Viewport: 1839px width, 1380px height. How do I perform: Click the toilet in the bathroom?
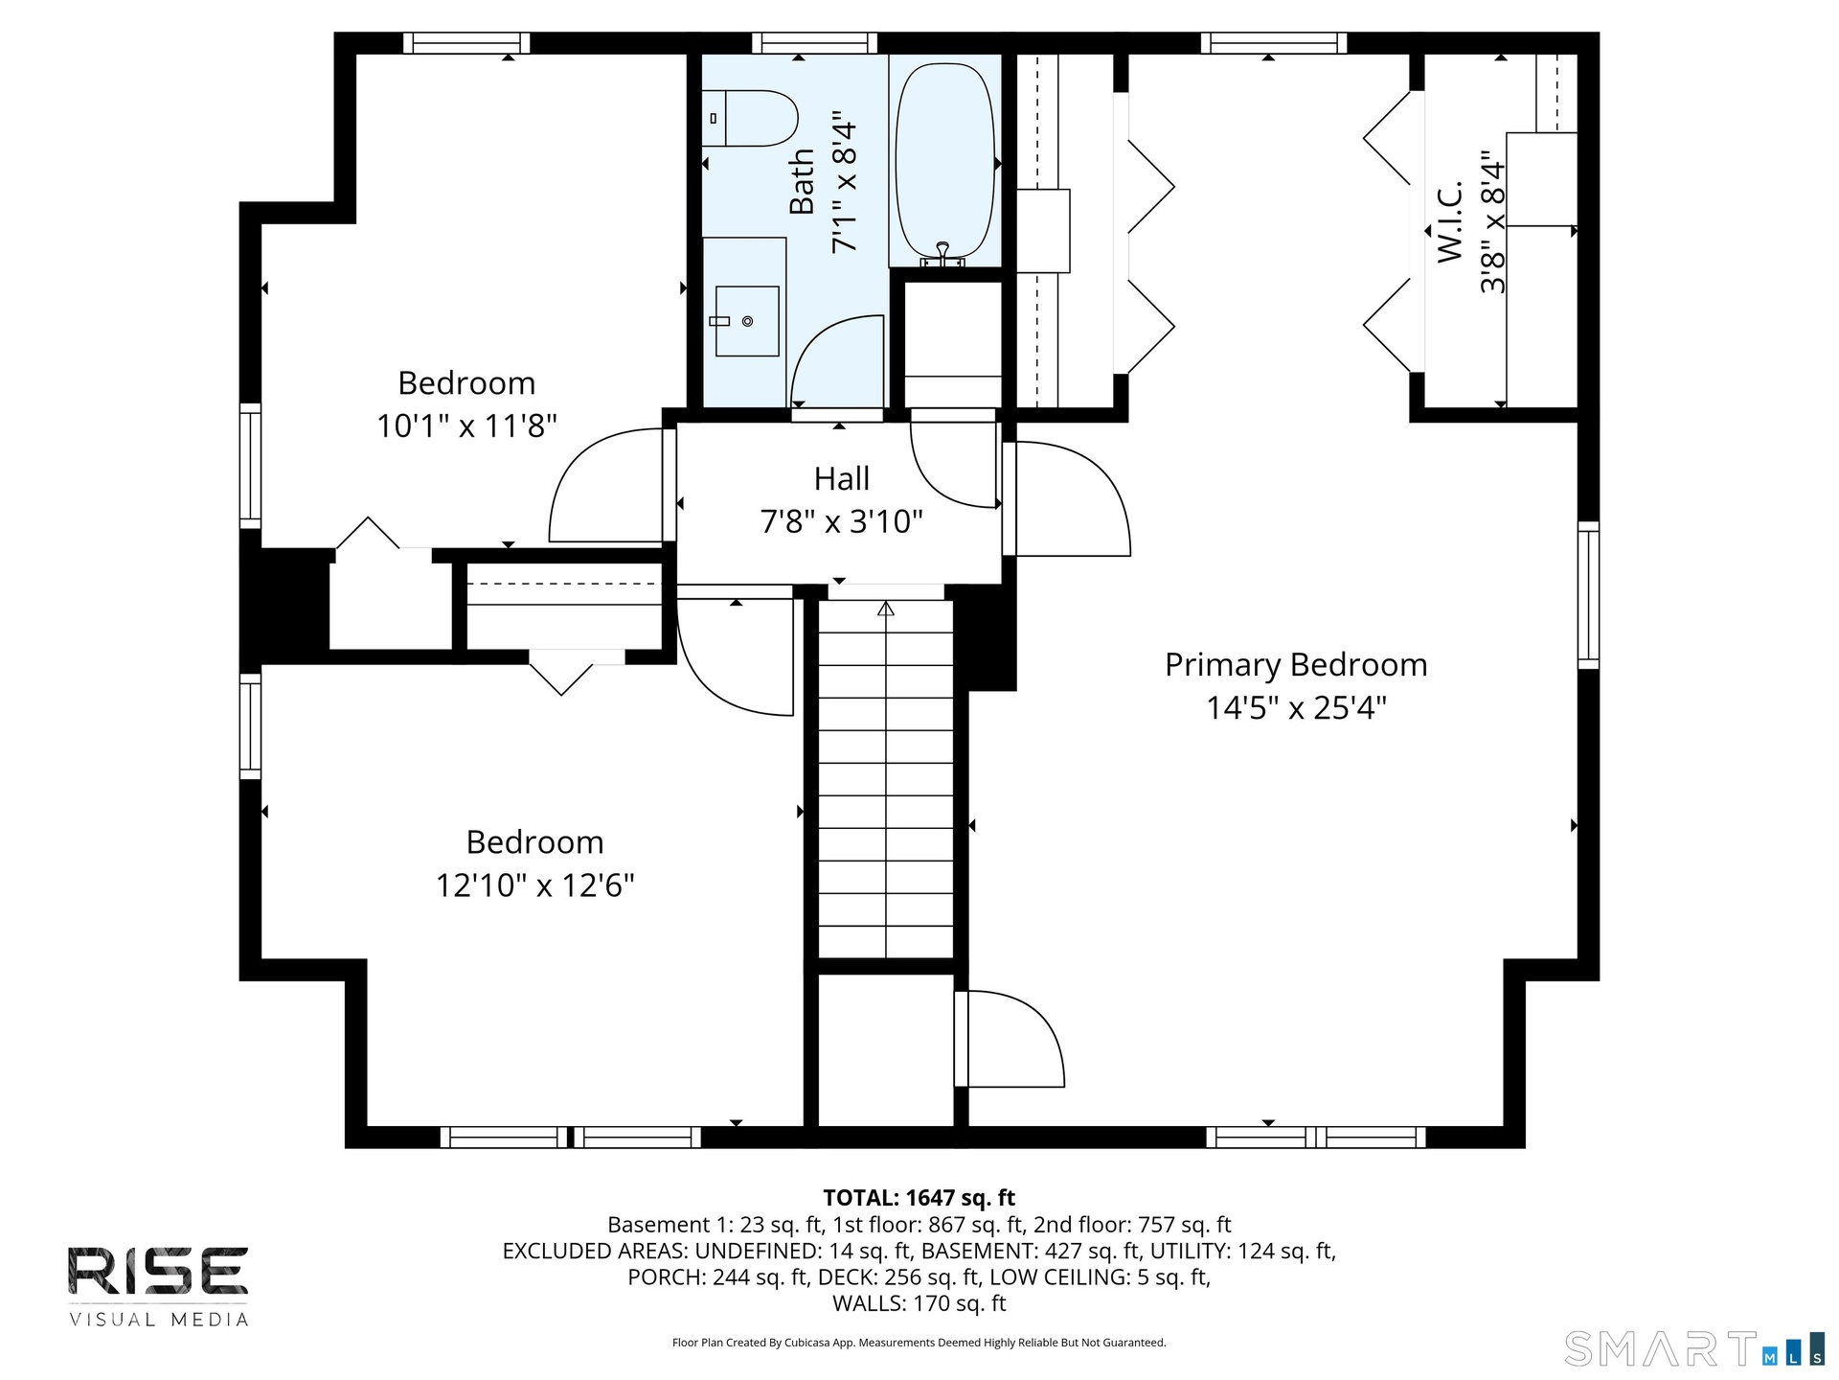750,118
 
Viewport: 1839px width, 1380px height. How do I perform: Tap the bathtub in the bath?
944,160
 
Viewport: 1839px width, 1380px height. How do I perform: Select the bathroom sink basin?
747,321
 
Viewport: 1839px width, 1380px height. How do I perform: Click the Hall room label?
842,478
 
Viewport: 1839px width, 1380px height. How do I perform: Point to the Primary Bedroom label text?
1296,665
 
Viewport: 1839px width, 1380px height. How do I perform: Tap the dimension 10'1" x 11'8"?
466,425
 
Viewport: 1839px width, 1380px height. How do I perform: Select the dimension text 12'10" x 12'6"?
535,885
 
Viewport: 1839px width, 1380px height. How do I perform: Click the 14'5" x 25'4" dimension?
1296,708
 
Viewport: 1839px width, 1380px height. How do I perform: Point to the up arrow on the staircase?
886,609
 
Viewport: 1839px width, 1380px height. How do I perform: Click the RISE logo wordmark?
158,1270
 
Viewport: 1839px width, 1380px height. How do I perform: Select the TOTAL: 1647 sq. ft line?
919,1198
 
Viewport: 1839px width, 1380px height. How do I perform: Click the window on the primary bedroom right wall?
1588,595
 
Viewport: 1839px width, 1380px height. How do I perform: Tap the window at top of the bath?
814,43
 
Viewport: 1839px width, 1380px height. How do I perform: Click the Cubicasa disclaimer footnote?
919,1343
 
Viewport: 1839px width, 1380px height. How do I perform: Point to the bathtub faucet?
942,254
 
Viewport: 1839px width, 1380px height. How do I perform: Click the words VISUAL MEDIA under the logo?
158,1320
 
